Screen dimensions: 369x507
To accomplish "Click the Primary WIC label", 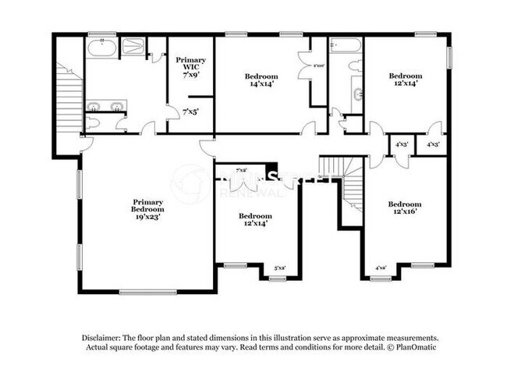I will [x=190, y=67].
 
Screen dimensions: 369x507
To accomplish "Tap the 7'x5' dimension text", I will [x=190, y=112].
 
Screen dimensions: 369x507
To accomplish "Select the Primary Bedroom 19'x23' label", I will [x=147, y=210].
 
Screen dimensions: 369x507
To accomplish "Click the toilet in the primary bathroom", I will [x=93, y=122].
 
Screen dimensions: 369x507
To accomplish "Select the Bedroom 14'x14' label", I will [x=261, y=80].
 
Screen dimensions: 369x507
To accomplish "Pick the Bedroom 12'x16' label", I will [x=405, y=209].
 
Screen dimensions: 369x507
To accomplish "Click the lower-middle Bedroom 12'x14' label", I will [x=255, y=220].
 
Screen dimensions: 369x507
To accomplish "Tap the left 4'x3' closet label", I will [x=402, y=144].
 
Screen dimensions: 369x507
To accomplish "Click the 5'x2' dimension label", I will [x=278, y=268].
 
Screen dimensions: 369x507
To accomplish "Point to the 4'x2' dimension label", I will [x=381, y=268].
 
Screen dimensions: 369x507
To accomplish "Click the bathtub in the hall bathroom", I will [x=345, y=45].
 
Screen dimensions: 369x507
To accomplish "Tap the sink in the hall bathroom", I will [x=358, y=95].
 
